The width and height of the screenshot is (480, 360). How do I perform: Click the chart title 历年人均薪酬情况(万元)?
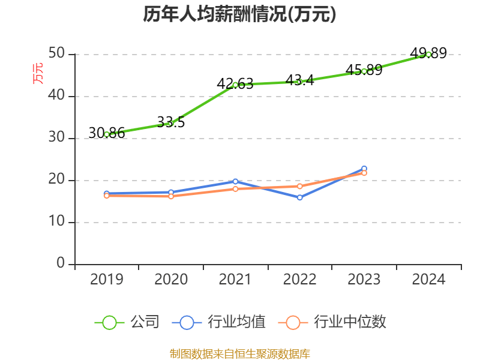[x=239, y=14]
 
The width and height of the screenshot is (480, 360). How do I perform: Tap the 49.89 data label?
[x=429, y=53]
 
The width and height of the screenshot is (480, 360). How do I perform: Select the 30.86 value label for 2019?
[x=107, y=133]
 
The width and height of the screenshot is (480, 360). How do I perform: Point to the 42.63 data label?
[x=235, y=83]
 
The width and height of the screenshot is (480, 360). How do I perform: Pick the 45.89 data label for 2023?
[x=364, y=70]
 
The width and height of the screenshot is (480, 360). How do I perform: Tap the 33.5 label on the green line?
[x=171, y=122]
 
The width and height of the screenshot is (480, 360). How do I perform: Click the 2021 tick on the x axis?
[x=235, y=279]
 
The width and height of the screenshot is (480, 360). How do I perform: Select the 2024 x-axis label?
[x=428, y=279]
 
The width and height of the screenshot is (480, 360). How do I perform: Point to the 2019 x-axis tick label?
[x=107, y=279]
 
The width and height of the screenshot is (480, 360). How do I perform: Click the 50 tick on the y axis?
[x=58, y=54]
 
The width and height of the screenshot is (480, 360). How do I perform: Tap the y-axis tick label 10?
[x=58, y=222]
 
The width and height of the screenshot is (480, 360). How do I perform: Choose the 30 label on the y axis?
[x=58, y=138]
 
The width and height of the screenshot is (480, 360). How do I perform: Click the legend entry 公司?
[x=145, y=322]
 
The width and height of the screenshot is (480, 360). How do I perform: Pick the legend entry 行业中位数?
[x=351, y=322]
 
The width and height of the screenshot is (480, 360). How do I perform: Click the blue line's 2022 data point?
[x=299, y=197]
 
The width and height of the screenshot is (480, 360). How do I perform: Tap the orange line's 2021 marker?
[x=235, y=188]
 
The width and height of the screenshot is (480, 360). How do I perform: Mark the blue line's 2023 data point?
[x=364, y=169]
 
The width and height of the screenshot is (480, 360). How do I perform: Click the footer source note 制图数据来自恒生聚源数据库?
[x=239, y=353]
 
